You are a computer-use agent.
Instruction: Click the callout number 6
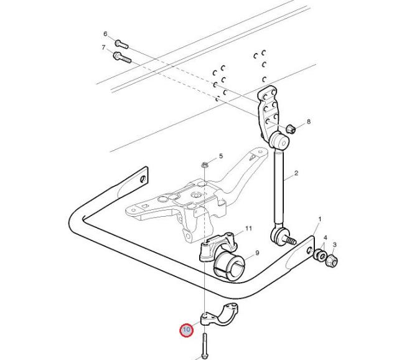coord(105,34)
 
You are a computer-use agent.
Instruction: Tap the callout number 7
coord(103,47)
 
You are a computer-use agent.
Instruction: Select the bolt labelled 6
coord(121,44)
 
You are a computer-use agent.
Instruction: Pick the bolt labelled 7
coord(122,58)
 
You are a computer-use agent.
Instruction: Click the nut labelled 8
coord(291,130)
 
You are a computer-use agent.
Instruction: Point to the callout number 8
coord(309,122)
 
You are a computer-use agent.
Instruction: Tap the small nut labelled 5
coord(204,165)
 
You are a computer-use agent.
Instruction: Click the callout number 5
coord(221,156)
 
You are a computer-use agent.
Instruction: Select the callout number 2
coord(296,173)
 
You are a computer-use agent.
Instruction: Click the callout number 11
coord(248,229)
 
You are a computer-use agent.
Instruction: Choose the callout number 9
coord(257,253)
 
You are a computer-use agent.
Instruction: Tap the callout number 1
coord(320,219)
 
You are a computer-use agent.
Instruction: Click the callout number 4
coord(325,237)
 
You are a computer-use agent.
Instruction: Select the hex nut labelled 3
coord(332,261)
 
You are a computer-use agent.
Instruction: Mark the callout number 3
coord(335,245)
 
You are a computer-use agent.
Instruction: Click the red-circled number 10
coord(187,330)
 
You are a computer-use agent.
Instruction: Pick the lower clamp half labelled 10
coord(218,315)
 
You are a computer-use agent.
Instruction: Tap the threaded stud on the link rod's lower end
coord(290,240)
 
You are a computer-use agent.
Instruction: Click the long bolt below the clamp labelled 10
coord(205,346)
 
